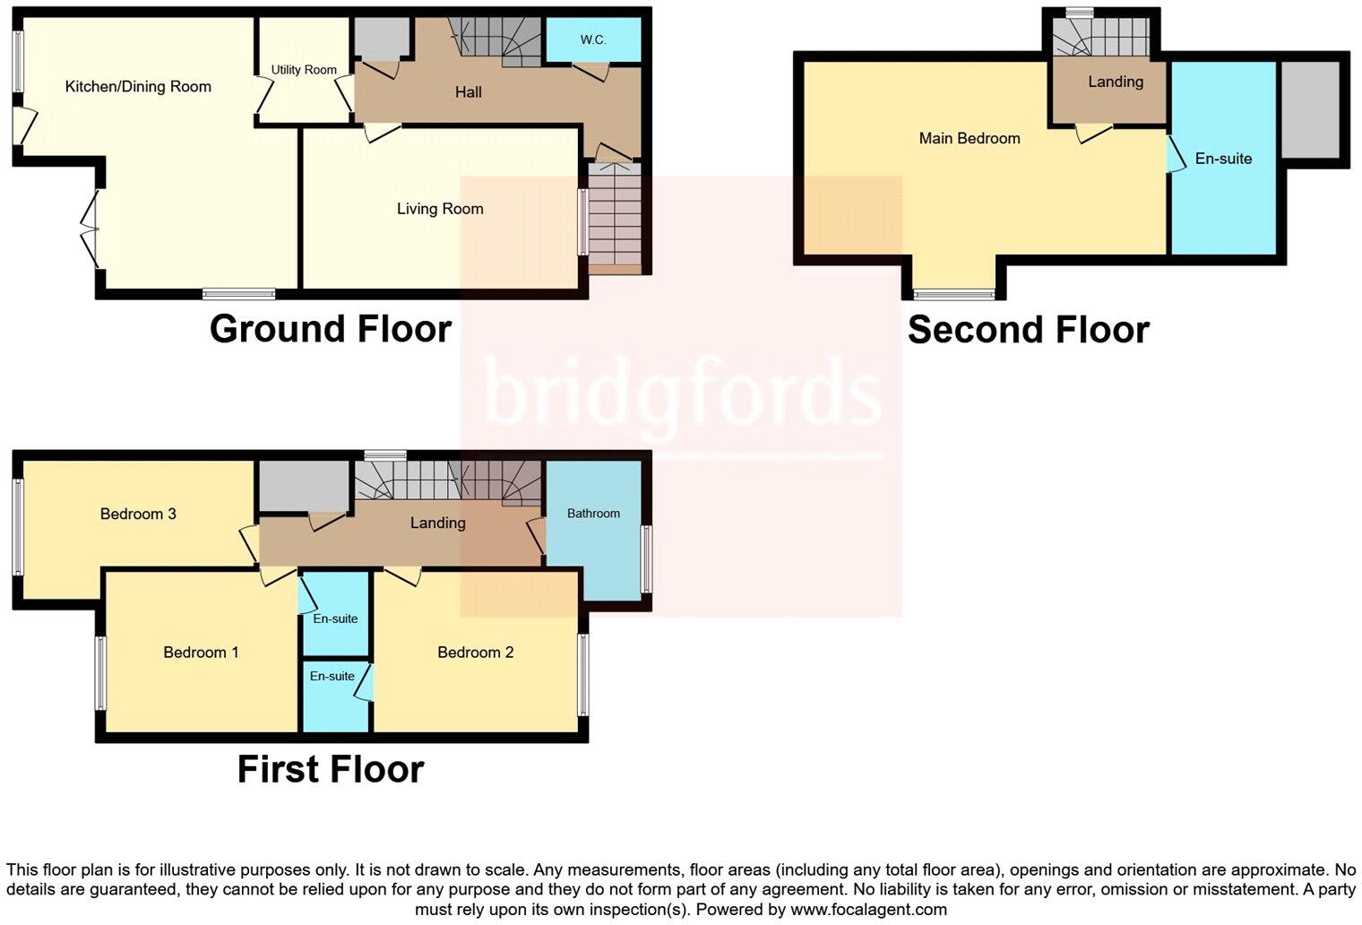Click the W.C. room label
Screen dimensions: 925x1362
pyautogui.click(x=593, y=40)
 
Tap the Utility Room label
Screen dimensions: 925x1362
pyautogui.click(x=304, y=70)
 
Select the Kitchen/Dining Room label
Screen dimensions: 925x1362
pyautogui.click(x=138, y=87)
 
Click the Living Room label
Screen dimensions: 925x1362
pyautogui.click(x=440, y=209)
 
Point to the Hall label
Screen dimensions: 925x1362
pyautogui.click(x=468, y=92)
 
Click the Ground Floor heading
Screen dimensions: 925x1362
pyautogui.click(x=330, y=329)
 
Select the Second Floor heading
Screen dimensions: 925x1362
pyautogui.click(x=1028, y=330)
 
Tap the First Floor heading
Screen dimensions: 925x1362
pyautogui.click(x=330, y=769)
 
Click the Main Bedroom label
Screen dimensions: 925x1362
pyautogui.click(x=970, y=138)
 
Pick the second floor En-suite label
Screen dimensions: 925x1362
pyautogui.click(x=1223, y=159)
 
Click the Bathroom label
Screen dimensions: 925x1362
pyautogui.click(x=593, y=514)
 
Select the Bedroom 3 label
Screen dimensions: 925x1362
pyautogui.click(x=138, y=514)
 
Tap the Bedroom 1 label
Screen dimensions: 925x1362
pyautogui.click(x=201, y=653)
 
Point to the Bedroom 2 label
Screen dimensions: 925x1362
pyautogui.click(x=475, y=653)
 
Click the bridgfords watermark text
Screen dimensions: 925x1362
pyautogui.click(x=681, y=392)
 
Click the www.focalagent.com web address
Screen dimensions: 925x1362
pyautogui.click(x=868, y=909)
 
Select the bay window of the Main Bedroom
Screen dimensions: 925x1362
pyautogui.click(x=954, y=293)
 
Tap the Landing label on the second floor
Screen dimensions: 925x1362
pyautogui.click(x=1116, y=82)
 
